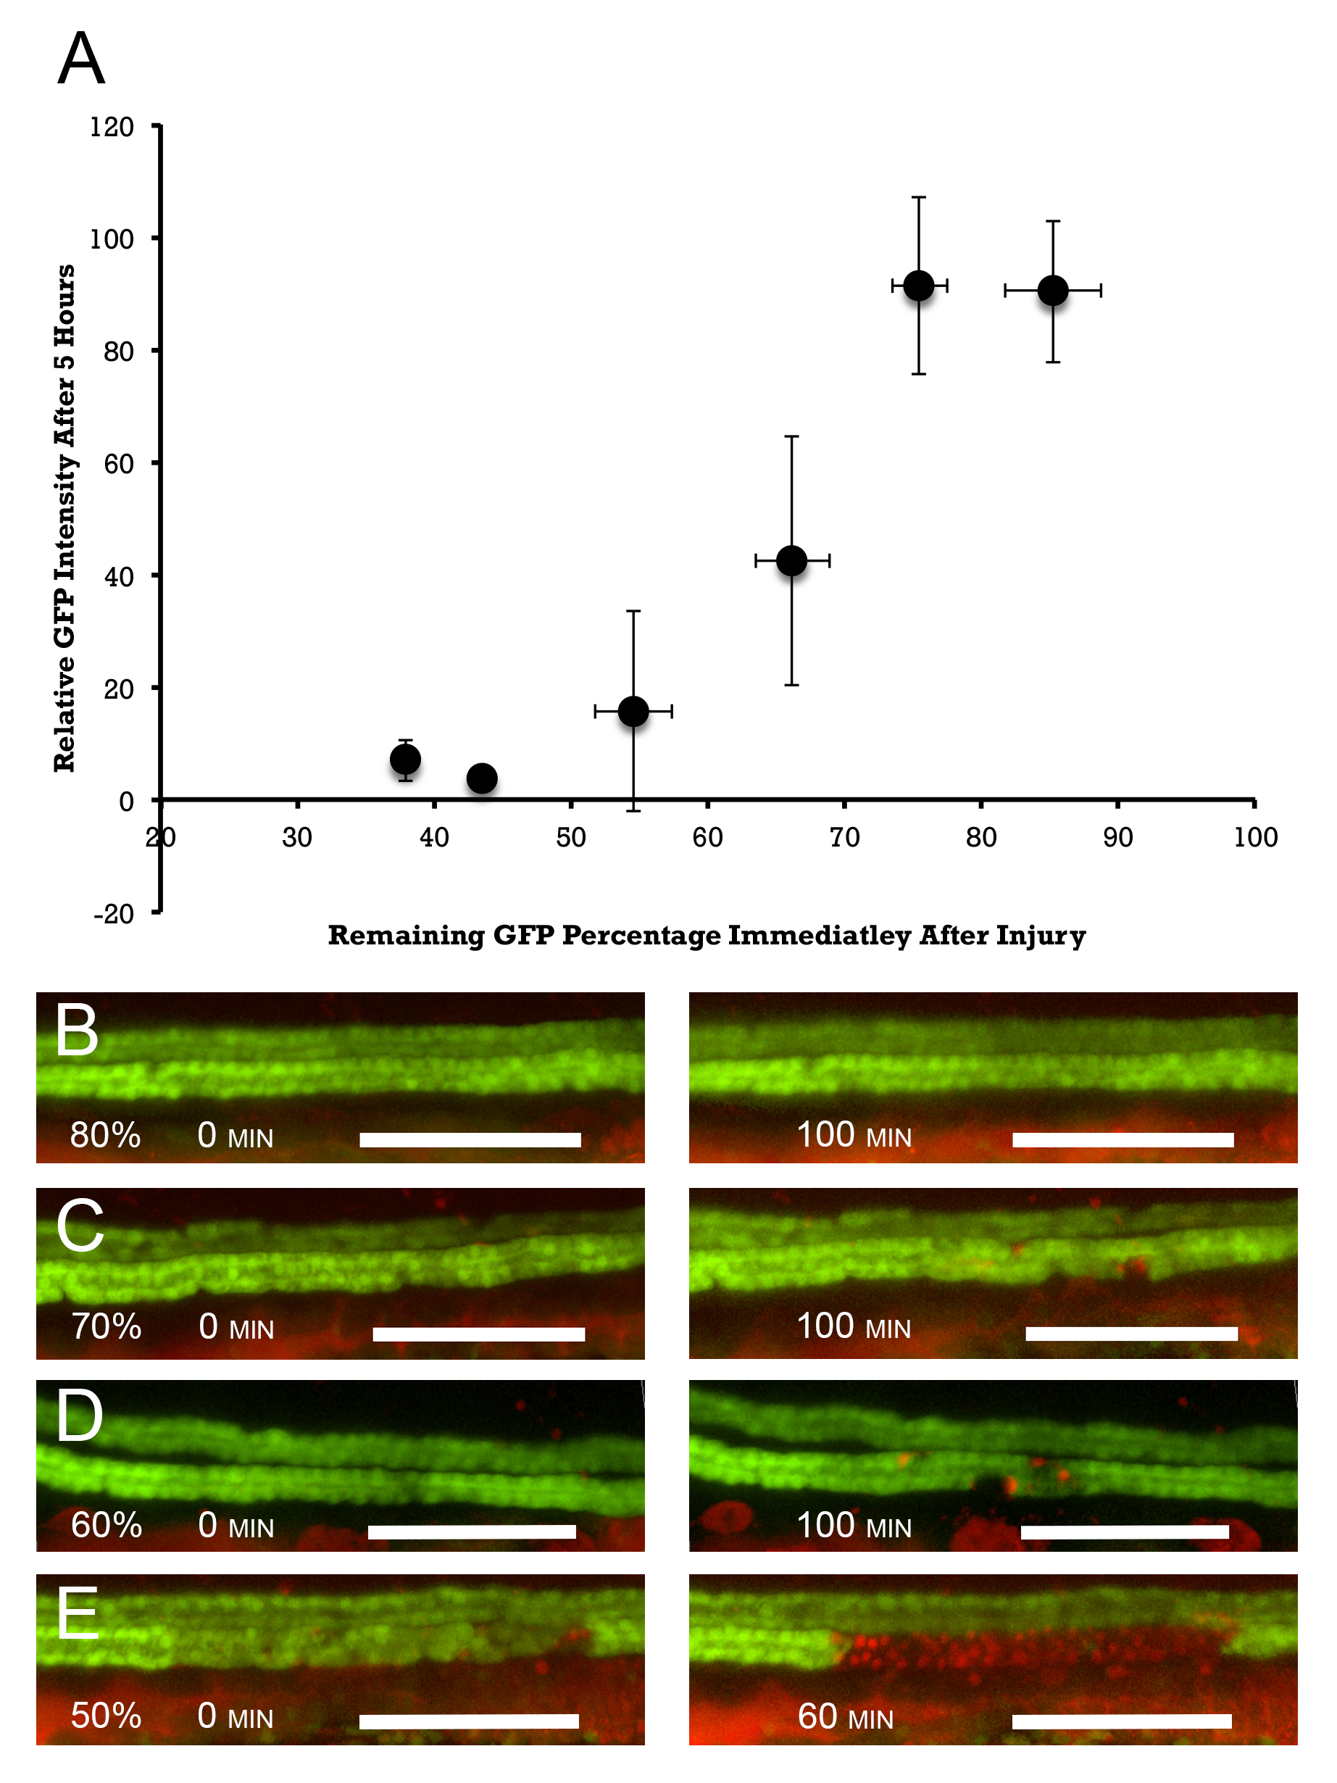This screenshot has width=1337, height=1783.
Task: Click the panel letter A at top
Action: [81, 59]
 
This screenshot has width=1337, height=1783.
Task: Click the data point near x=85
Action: [1052, 291]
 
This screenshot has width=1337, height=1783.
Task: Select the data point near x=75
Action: [919, 286]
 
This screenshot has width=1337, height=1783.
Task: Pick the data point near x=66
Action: [791, 561]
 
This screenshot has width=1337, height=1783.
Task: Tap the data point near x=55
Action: [633, 712]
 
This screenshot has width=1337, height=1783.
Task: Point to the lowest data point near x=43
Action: [482, 778]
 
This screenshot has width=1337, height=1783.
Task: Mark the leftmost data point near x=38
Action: [405, 760]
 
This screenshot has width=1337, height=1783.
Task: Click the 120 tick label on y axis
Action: [112, 128]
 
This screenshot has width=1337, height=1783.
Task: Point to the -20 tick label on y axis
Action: [114, 914]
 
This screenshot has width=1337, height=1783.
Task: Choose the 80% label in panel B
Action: [106, 1135]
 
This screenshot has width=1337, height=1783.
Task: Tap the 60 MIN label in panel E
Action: [846, 1717]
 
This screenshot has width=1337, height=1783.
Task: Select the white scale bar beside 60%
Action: [472, 1532]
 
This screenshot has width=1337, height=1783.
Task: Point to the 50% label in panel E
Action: [107, 1716]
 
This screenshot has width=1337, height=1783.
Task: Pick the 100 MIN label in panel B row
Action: [854, 1135]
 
